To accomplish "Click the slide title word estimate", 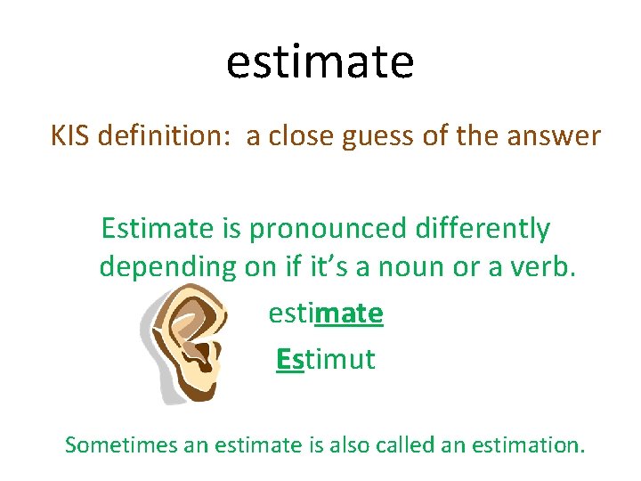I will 320,62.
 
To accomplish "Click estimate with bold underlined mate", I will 325,314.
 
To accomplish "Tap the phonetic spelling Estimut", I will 325,360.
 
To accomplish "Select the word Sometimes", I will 121,443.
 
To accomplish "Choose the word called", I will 413,443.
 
